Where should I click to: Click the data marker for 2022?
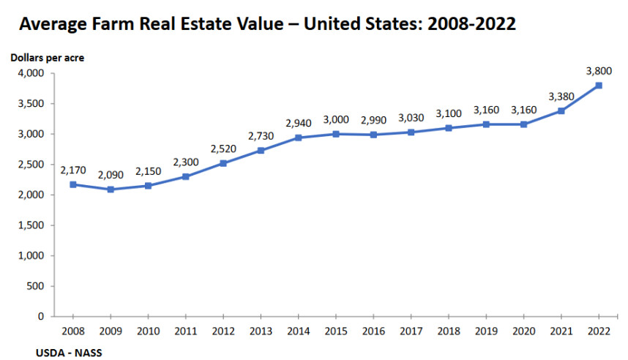[x=599, y=86]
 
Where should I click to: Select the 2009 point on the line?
[x=111, y=190]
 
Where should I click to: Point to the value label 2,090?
[x=111, y=175]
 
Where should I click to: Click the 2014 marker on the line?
[x=298, y=138]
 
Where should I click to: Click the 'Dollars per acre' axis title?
[x=47, y=57]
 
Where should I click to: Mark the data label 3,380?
[x=561, y=97]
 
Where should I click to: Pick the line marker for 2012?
[x=223, y=163]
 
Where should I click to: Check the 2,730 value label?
[x=261, y=135]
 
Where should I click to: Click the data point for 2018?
[x=449, y=128]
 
